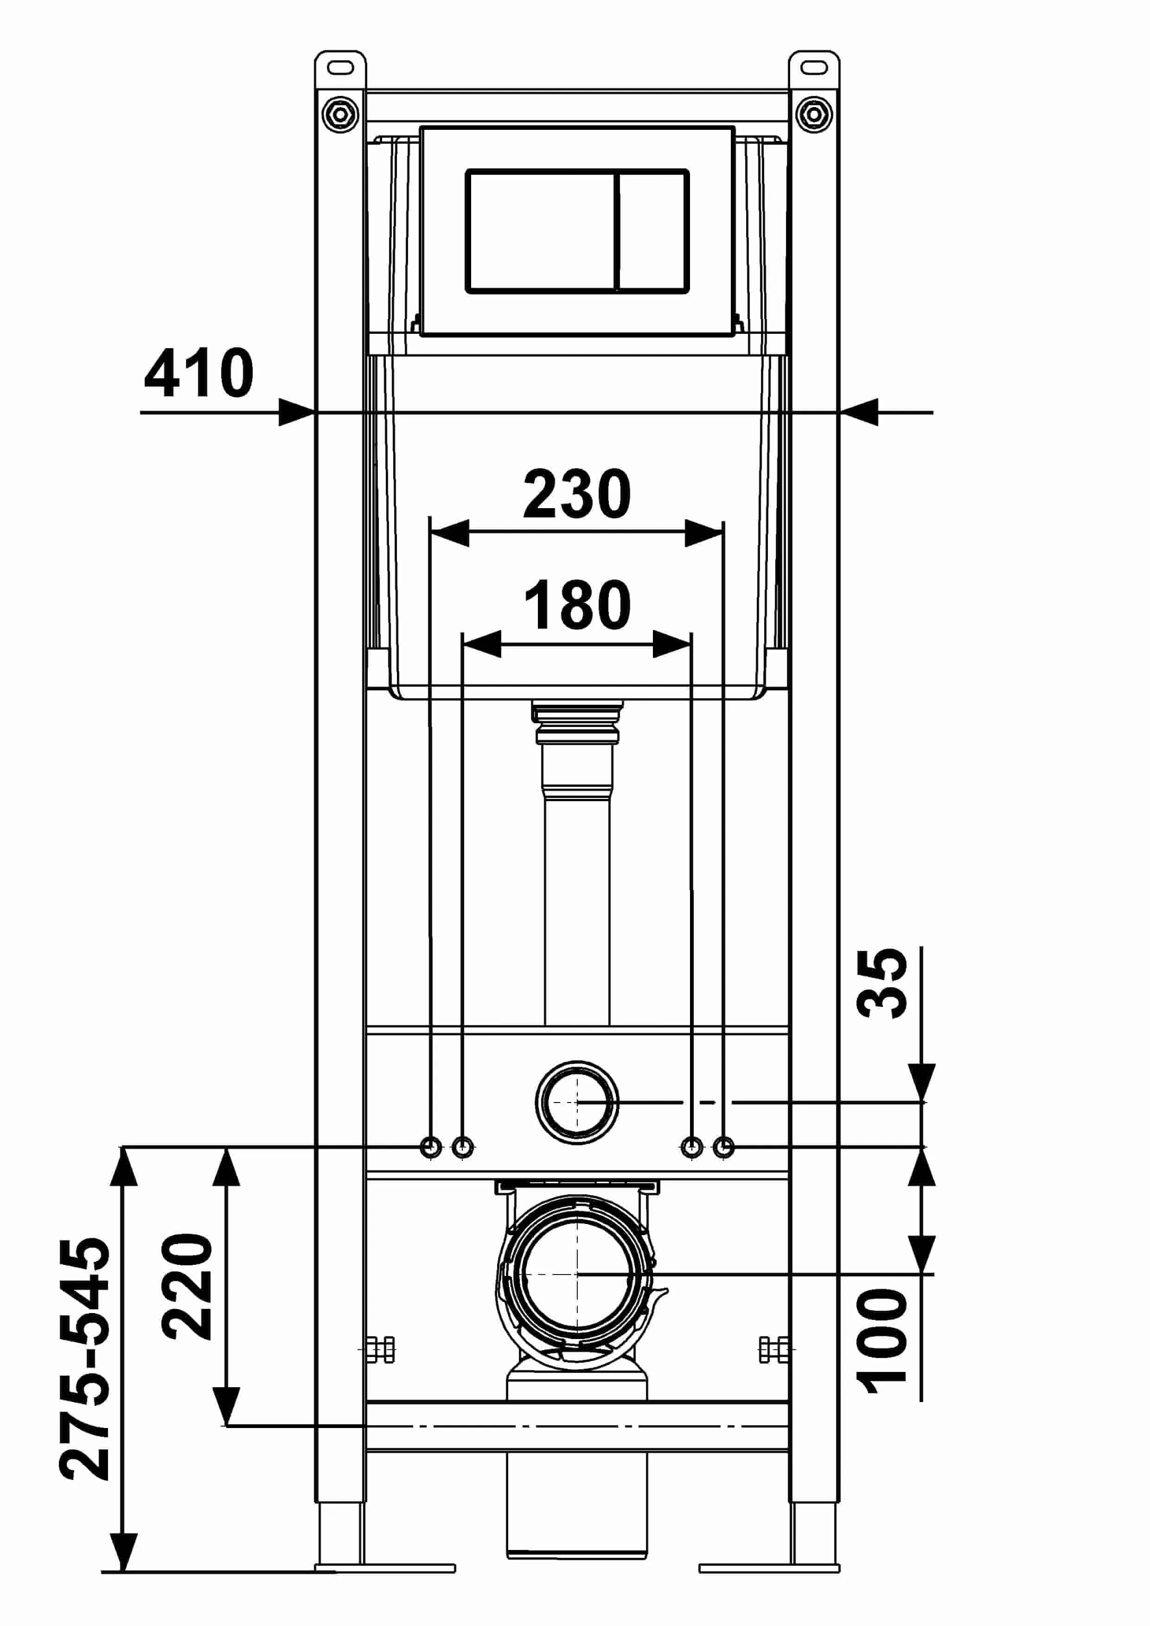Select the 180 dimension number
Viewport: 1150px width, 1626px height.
coord(577,604)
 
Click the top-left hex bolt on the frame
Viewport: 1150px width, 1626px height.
coord(341,113)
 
